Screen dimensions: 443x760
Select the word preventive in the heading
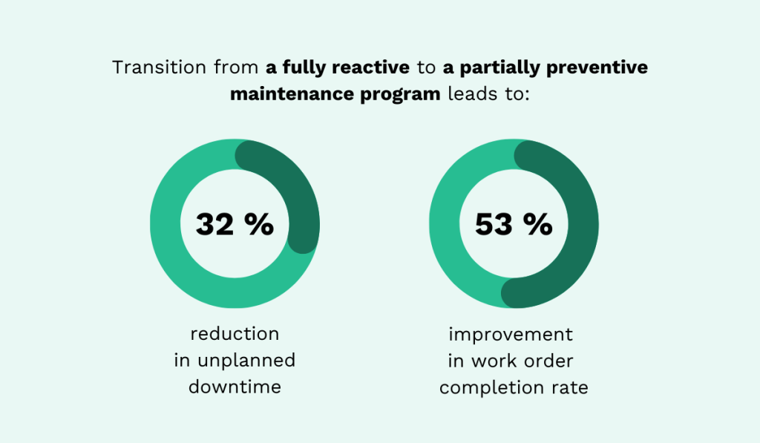600,68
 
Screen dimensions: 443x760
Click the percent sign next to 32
259,224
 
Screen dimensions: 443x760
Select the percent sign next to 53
537,224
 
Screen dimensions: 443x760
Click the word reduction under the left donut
235,334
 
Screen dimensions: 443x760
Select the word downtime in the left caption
235,387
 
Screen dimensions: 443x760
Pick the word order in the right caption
554,361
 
